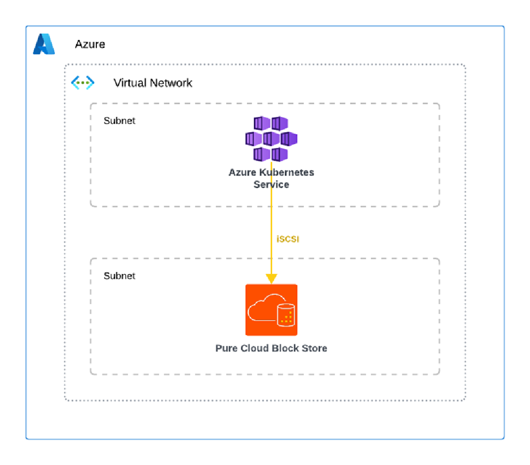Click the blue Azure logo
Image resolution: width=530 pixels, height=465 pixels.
[x=44, y=44]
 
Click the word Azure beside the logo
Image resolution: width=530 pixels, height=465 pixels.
[x=90, y=44]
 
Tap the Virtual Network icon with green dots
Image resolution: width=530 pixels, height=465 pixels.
[x=83, y=83]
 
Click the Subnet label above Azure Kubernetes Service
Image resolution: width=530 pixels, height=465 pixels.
[x=120, y=121]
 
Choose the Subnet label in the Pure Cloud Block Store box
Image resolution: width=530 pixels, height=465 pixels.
[x=120, y=276]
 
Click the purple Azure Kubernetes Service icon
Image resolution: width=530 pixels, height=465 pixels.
[x=271, y=139]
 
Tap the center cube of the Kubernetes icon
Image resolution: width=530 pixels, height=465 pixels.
[x=271, y=139]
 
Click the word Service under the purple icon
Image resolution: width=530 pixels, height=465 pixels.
[x=271, y=184]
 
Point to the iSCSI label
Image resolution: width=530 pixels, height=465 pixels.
[x=288, y=239]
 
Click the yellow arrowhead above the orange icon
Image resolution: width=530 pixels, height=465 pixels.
[x=271, y=279]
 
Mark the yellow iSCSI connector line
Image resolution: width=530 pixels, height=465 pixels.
[x=271, y=222]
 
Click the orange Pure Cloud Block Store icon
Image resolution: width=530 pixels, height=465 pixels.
[x=271, y=310]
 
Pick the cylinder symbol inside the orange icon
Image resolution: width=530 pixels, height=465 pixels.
[x=286, y=314]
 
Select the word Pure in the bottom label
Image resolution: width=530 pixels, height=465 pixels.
[x=227, y=348]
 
